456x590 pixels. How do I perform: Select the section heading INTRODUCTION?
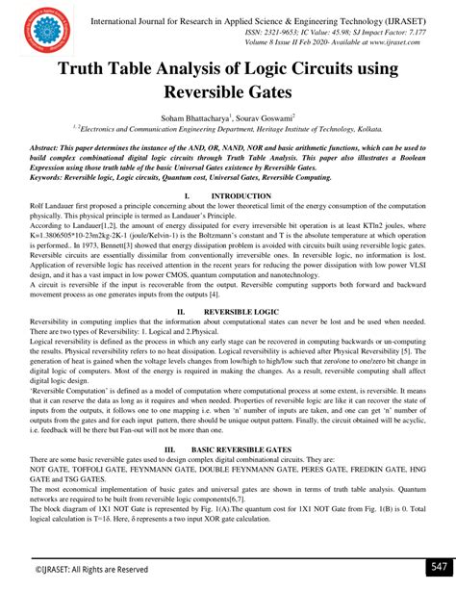(x=235, y=195)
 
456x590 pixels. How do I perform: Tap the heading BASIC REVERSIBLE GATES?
(x=240, y=449)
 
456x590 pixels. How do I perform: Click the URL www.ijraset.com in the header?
(x=394, y=43)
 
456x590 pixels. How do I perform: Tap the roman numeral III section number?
(x=170, y=449)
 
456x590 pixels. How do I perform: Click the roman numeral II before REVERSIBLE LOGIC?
(x=179, y=287)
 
